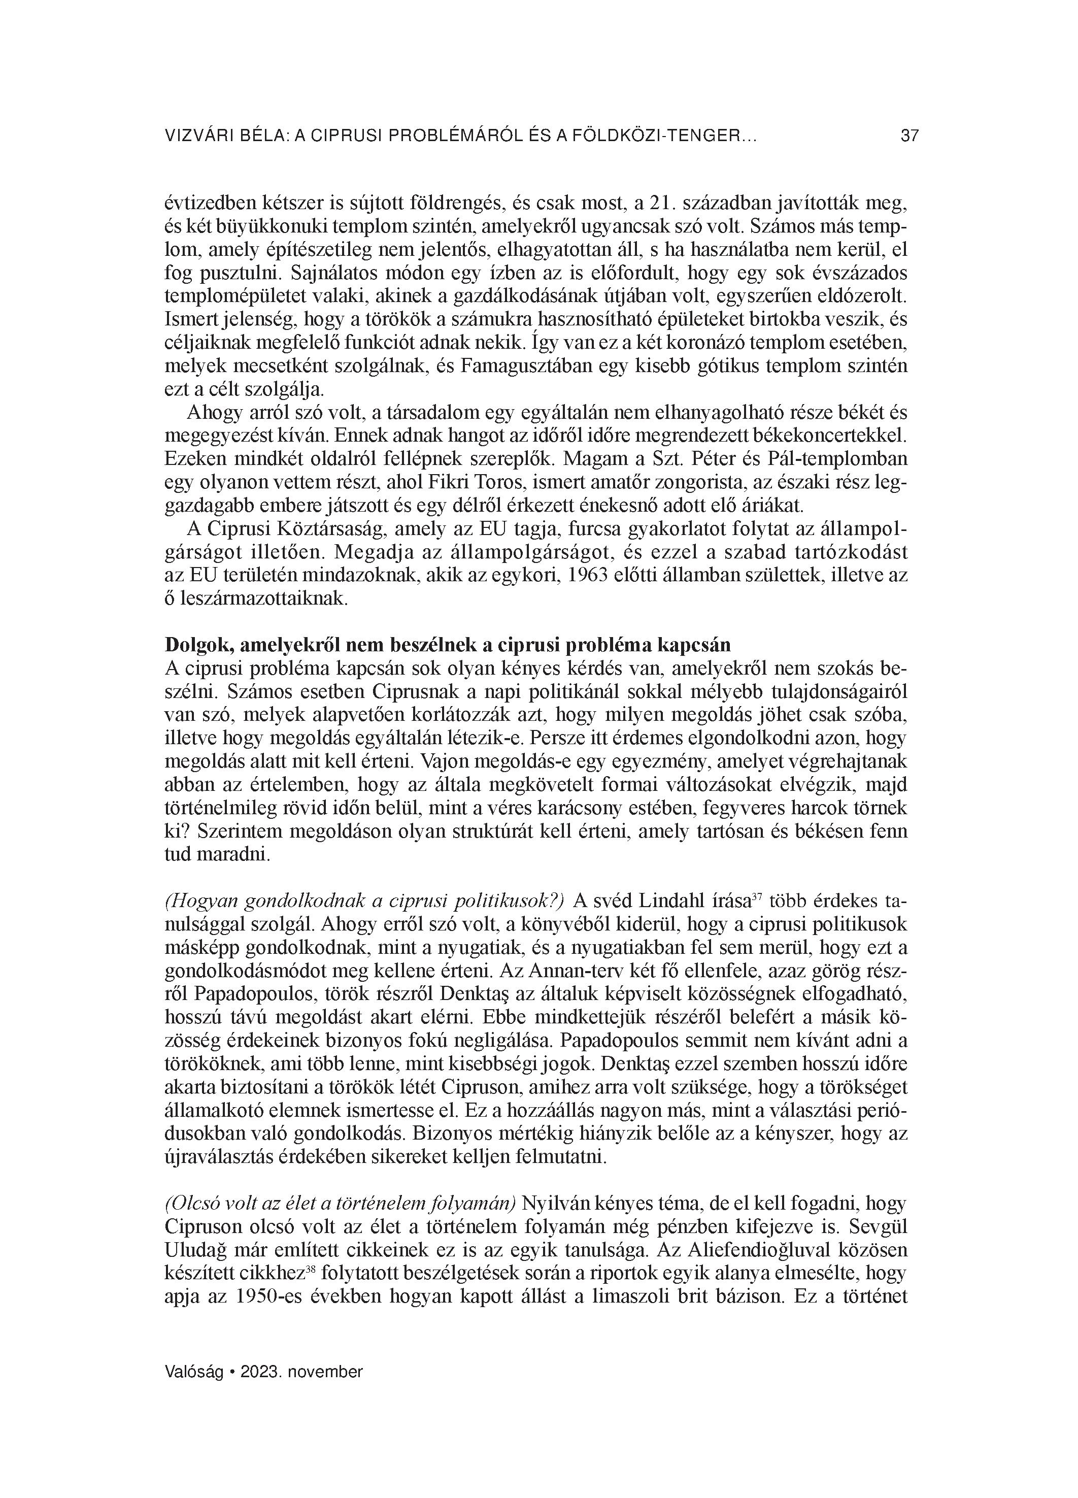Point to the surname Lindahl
(x=681, y=902)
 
